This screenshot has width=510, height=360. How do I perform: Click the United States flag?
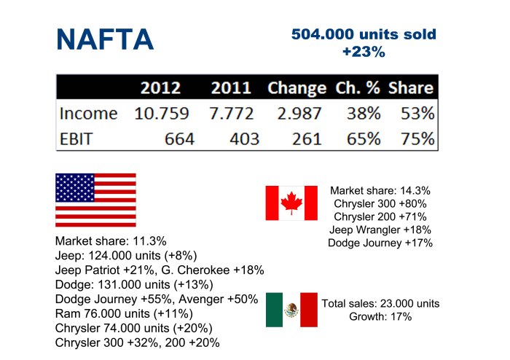point(95,200)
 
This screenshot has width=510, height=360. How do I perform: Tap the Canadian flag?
point(291,203)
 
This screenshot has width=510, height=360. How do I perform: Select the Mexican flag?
point(291,310)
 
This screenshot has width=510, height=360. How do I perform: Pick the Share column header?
point(411,89)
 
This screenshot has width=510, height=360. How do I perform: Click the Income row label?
point(88,114)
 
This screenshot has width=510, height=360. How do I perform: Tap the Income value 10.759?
point(162,114)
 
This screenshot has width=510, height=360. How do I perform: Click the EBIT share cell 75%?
point(417,138)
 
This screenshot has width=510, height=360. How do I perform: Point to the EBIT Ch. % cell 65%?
point(362,138)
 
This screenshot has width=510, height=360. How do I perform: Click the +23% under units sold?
point(363,52)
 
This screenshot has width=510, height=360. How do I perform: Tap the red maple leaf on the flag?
point(291,203)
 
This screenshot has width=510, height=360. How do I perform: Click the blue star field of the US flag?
point(74,189)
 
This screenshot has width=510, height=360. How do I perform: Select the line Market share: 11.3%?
point(111,241)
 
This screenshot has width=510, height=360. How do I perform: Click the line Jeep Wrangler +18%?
point(380,230)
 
